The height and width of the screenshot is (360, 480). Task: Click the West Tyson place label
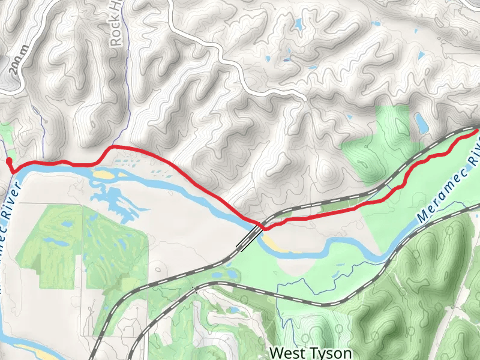point(310,352)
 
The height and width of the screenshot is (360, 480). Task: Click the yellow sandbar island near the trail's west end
point(103,175)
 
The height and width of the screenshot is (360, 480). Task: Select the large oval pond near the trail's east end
point(421,124)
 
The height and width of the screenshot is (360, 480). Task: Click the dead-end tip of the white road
point(305,98)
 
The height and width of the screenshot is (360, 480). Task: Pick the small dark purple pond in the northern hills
point(287,60)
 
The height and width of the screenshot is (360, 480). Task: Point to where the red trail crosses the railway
point(262,226)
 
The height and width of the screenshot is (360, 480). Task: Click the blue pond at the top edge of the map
point(298,25)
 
